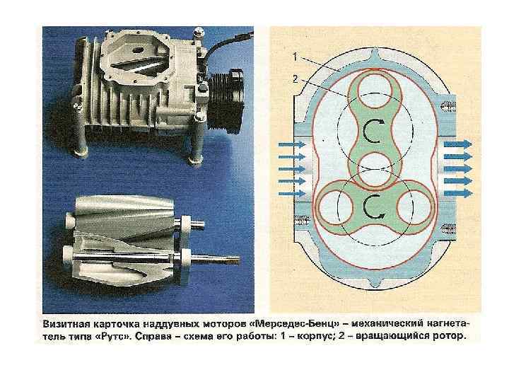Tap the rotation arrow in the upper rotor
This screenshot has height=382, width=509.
[373, 130]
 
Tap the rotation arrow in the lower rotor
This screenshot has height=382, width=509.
[373, 206]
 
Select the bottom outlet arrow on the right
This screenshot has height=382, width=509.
[457, 192]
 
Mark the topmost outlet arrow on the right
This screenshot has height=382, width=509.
[457, 144]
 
